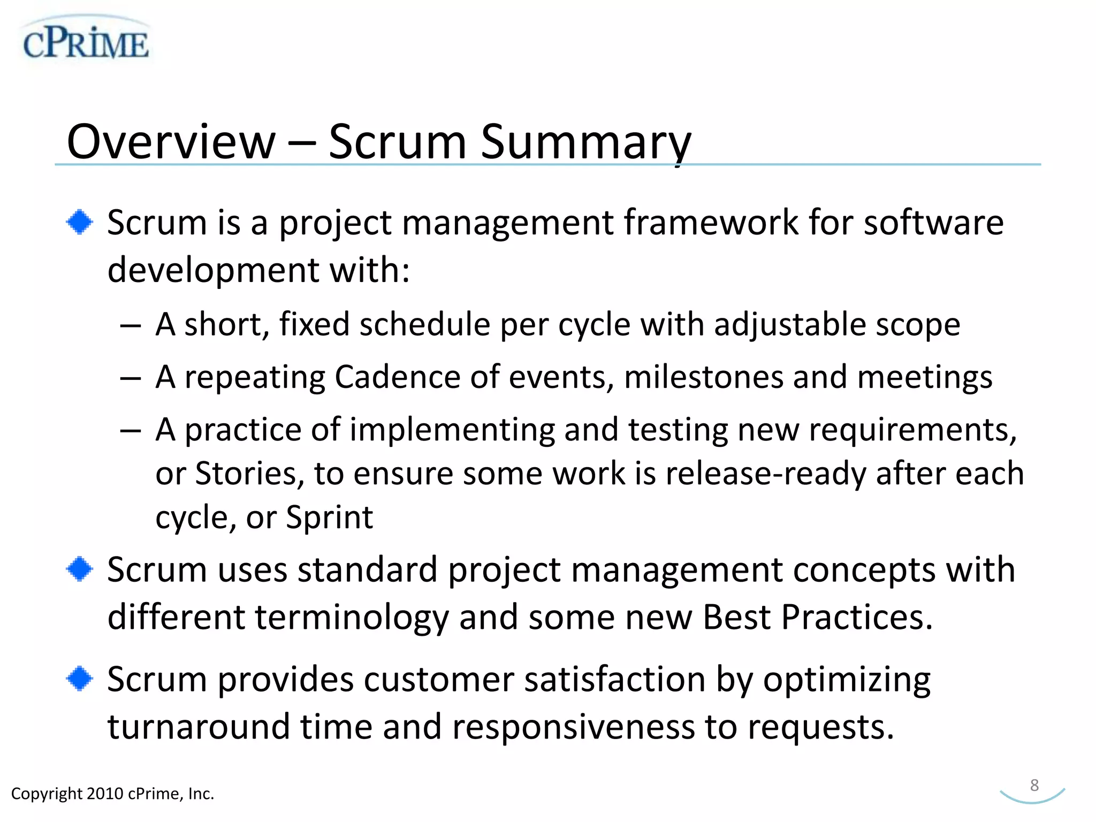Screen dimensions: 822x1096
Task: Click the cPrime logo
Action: point(86,41)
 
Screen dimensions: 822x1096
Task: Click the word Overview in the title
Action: point(171,142)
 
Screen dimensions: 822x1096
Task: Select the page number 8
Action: point(1034,785)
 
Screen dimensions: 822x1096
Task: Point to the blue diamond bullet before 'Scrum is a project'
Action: point(80,222)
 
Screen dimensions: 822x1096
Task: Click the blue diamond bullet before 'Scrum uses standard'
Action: point(80,569)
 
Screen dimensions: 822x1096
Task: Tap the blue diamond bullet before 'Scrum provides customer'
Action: point(80,679)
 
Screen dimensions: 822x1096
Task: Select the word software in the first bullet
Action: point(933,223)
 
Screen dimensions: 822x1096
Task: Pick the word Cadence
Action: point(397,377)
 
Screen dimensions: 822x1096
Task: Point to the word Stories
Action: point(249,474)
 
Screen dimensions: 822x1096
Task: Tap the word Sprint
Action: point(329,517)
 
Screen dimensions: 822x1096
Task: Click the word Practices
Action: point(857,617)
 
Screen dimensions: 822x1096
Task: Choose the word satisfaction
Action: point(615,680)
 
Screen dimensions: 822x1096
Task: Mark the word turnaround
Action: point(199,727)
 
